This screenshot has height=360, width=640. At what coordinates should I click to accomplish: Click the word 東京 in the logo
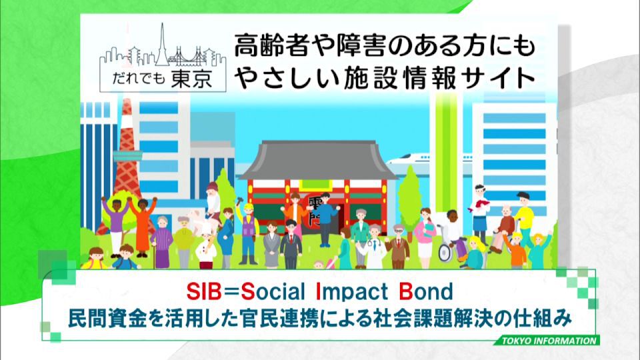pyautogui.click(x=191, y=79)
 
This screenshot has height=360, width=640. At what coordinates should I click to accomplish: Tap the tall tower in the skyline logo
pyautogui.click(x=162, y=45)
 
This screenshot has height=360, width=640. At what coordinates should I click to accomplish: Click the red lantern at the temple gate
pyautogui.click(x=315, y=213)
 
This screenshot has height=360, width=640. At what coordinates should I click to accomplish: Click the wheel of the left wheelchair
pyautogui.click(x=445, y=254)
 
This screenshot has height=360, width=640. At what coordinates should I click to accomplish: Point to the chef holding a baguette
pyautogui.click(x=206, y=248)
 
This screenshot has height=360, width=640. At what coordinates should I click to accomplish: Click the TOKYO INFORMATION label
pyautogui.click(x=549, y=341)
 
